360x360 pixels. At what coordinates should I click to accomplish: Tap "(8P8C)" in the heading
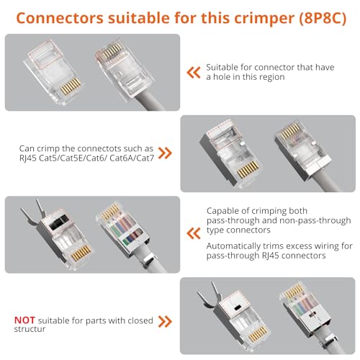pos(323,18)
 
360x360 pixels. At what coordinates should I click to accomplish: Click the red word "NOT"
pos(24,320)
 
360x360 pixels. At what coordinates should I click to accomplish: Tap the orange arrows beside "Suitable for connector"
pos(194,73)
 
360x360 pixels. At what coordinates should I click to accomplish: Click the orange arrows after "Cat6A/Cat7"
pos(165,153)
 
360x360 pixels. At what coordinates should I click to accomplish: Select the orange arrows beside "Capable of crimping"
pos(194,233)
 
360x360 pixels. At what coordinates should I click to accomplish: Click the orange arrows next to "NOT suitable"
pos(165,322)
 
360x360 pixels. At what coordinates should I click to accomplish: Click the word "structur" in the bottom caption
pos(30,329)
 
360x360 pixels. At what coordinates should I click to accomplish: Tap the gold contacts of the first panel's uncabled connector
pos(71,86)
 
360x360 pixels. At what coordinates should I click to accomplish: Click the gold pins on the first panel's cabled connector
pos(112,50)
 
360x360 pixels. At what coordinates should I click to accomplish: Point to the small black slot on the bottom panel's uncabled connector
pos(238,307)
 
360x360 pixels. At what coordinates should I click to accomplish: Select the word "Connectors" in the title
pos(60,18)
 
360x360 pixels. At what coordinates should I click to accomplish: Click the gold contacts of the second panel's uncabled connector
pos(248,170)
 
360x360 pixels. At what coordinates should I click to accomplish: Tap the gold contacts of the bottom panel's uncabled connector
pos(258,333)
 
